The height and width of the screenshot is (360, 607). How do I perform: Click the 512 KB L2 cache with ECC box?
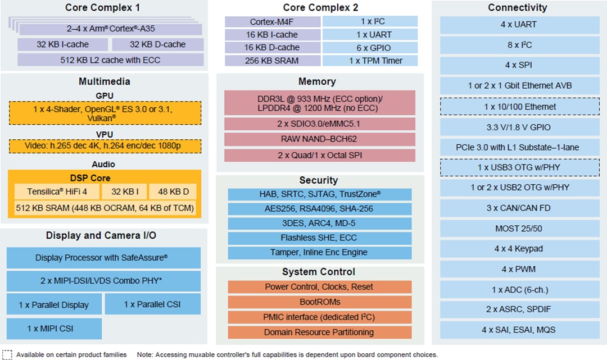[110, 60]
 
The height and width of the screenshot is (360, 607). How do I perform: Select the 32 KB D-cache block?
[157, 44]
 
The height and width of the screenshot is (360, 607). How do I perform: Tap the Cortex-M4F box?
[272, 22]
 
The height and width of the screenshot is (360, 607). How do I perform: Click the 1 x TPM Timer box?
[370, 61]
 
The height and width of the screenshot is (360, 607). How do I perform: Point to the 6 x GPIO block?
[370, 48]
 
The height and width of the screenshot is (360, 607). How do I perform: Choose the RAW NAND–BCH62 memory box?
[319, 139]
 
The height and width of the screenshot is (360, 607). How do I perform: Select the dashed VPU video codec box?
[105, 146]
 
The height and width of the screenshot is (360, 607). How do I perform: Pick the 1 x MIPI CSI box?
[55, 328]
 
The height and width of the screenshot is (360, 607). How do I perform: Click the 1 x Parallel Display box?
[55, 304]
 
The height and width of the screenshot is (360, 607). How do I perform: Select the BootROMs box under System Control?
[319, 302]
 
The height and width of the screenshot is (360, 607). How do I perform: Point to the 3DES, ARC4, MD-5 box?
[319, 223]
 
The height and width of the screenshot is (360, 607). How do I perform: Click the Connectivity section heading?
[517, 7]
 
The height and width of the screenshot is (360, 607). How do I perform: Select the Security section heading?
[318, 180]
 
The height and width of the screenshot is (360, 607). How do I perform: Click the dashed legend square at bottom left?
[7, 354]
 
